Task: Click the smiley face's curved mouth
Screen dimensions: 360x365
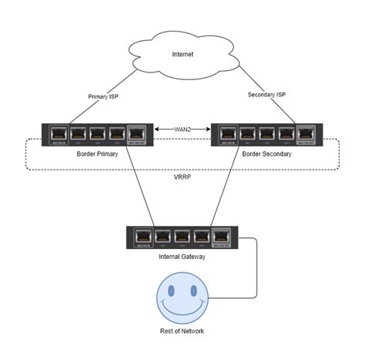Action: click(x=181, y=305)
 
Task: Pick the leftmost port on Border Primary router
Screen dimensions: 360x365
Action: click(x=59, y=132)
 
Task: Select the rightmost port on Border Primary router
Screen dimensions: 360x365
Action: click(x=136, y=132)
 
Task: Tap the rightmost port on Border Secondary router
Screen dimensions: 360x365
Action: click(x=306, y=132)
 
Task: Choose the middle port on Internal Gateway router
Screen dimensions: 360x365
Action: click(x=182, y=234)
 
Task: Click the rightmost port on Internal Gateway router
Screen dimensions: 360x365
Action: click(x=221, y=234)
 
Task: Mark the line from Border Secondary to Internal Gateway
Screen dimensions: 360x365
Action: click(x=223, y=185)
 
